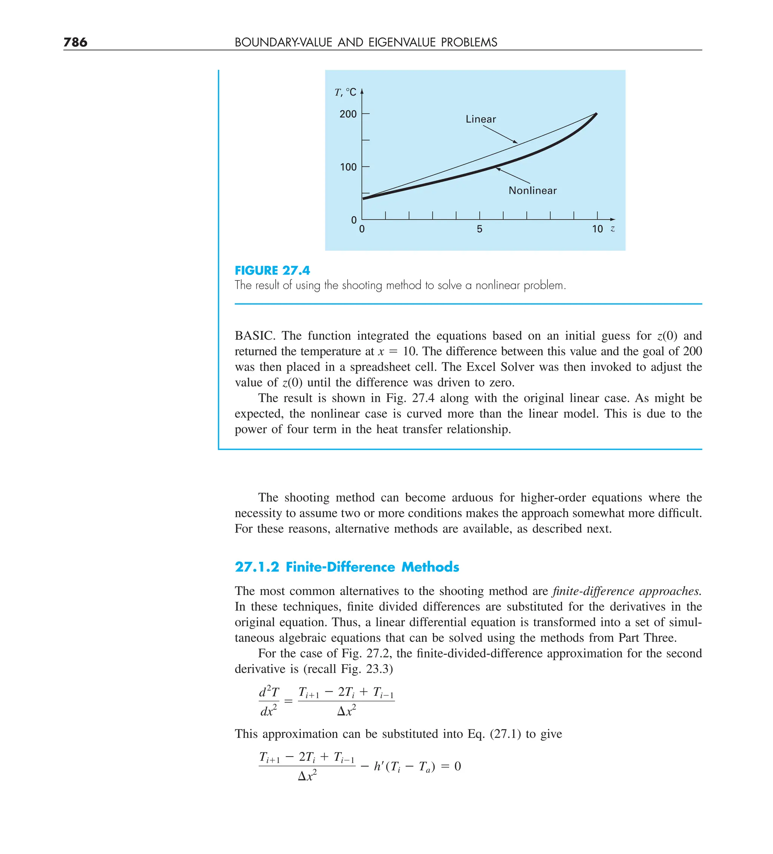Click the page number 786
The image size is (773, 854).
coord(75,42)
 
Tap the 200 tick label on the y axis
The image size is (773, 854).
coord(348,114)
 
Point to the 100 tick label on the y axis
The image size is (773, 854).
coord(348,167)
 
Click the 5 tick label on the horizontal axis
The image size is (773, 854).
coord(479,230)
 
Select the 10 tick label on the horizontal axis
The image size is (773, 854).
coord(597,230)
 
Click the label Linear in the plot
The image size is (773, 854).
coord(480,119)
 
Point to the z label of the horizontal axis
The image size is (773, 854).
coord(613,229)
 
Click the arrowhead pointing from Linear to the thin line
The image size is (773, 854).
coord(515,142)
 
